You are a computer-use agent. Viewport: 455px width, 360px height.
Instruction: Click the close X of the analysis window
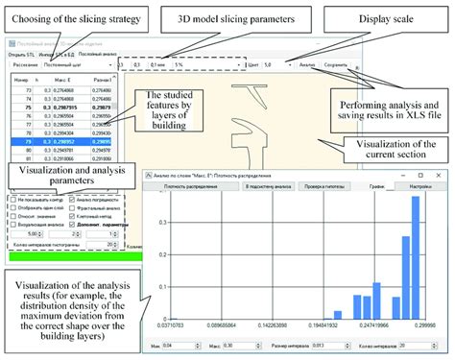(x=443, y=174)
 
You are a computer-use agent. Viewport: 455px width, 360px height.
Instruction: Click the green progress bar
(x=67, y=257)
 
